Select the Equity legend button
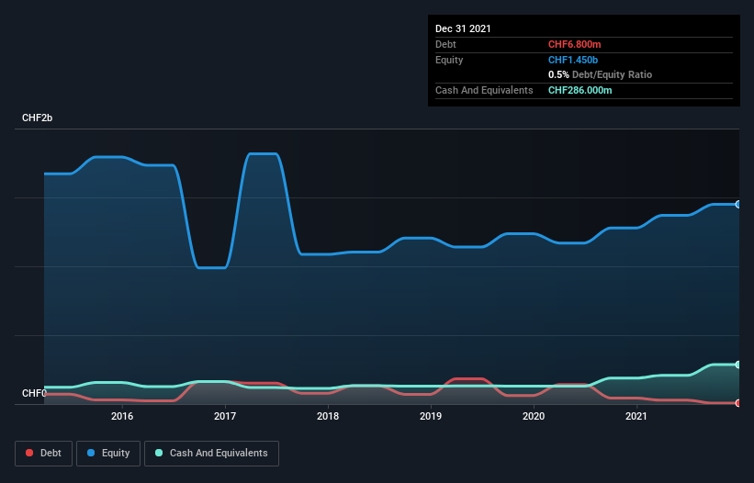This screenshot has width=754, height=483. [x=107, y=453]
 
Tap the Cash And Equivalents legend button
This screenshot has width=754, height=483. [x=211, y=453]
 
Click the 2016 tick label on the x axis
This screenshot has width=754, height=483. [x=122, y=417]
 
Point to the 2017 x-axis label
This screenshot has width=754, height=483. [x=225, y=417]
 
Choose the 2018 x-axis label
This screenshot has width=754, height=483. [x=328, y=417]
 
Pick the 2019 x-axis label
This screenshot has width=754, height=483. [x=431, y=417]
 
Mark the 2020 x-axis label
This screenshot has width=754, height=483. [x=534, y=417]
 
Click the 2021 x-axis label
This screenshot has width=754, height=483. [x=636, y=417]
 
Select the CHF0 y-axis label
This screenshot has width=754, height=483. [x=35, y=394]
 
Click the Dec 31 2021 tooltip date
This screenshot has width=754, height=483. [x=463, y=28]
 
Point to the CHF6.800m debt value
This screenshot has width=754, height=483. [x=574, y=44]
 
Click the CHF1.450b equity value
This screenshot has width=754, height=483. [x=574, y=60]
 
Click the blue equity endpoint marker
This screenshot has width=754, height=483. [x=738, y=204]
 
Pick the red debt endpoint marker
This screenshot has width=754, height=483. [x=738, y=402]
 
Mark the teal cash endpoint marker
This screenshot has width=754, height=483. [x=738, y=365]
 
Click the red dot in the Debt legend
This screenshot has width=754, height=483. [x=30, y=453]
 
